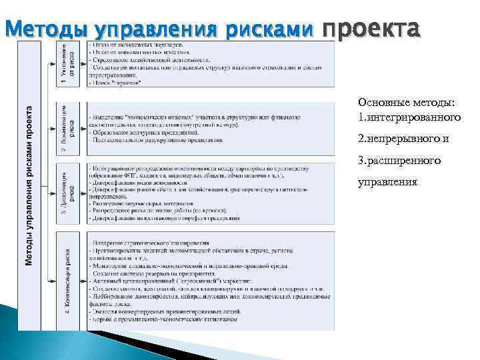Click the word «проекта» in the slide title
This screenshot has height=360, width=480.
point(371,29)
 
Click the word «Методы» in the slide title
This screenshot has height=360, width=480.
point(45,30)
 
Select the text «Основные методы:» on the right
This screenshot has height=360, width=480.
point(407,102)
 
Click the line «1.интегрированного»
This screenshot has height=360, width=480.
point(409,118)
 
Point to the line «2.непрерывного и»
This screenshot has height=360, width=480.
point(403,139)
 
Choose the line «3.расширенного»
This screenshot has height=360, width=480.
point(399,161)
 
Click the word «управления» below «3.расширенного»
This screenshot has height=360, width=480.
point(389,182)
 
